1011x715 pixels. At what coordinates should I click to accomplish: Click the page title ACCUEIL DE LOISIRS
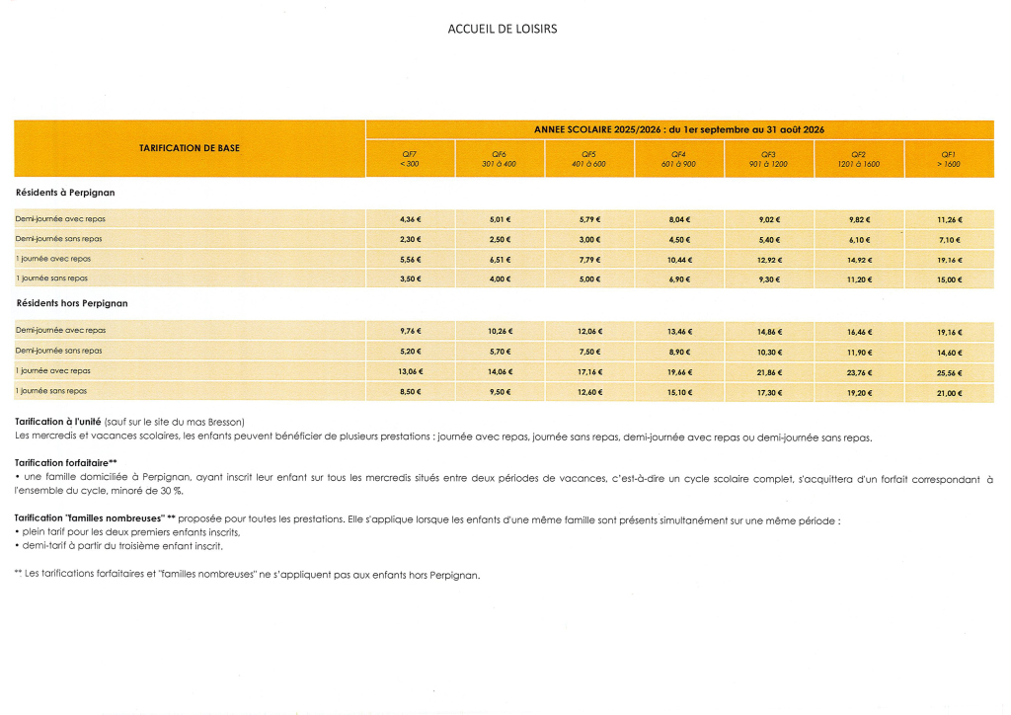[x=503, y=29]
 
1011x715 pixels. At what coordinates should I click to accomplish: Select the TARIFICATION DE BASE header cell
[x=190, y=148]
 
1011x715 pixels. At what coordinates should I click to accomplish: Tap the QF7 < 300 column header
[x=410, y=158]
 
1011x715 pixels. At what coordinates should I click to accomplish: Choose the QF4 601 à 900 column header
[x=678, y=158]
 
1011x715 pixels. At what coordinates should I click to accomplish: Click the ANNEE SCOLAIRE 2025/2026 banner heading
[x=679, y=129]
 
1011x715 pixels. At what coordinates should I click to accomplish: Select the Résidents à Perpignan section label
[x=65, y=192]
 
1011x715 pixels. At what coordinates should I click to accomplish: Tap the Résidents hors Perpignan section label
[x=72, y=303]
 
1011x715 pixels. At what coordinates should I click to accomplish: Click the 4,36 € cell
[x=410, y=219]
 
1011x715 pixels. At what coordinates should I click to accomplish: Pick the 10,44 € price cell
[x=678, y=259]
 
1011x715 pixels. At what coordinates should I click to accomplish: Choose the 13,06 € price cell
[x=410, y=371]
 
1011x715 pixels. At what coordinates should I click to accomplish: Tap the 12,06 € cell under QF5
[x=589, y=332]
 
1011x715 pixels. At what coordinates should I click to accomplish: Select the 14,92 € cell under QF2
[x=859, y=259]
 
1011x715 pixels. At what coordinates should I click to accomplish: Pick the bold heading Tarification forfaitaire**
[x=66, y=462]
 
